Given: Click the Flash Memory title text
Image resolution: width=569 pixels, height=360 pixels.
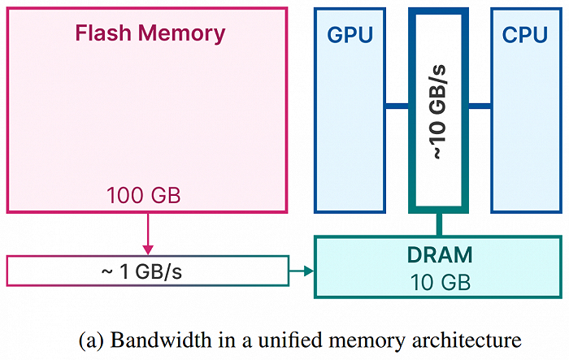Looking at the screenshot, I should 150,34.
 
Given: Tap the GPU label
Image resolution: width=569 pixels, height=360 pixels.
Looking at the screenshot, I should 350,35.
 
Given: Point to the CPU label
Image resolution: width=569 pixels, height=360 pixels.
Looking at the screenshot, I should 525,35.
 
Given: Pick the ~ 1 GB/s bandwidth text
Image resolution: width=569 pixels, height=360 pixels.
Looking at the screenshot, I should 147,271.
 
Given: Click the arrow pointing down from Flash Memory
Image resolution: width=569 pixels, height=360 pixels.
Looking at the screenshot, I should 147,236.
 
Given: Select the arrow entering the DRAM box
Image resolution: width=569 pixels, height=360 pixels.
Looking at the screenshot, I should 302,271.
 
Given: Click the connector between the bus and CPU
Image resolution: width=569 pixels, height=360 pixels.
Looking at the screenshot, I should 480,106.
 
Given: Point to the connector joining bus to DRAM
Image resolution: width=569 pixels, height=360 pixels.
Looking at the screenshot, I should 439,223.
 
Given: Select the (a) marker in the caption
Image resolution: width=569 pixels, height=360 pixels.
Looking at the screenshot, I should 91,339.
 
